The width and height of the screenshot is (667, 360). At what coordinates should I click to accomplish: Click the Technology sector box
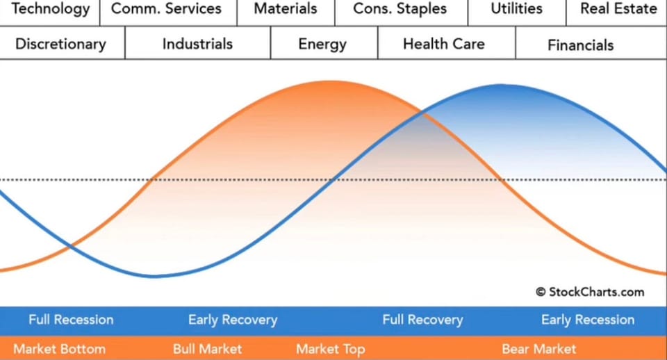tap(51, 10)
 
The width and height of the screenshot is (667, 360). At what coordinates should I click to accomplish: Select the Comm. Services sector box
tap(167, 10)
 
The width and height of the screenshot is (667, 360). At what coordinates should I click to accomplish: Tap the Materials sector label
tap(286, 10)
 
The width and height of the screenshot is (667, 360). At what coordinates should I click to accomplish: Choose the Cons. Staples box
tap(400, 10)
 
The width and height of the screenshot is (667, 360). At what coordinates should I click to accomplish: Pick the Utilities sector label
tap(516, 10)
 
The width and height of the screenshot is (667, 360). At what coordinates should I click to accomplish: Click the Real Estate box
tap(618, 10)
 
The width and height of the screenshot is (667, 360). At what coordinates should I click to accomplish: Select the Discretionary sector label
tap(60, 44)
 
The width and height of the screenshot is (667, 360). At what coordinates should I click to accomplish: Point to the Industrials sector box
tap(197, 44)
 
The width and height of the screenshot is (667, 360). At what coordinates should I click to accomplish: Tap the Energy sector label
tap(322, 44)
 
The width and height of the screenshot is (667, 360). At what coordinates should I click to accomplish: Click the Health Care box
tap(444, 44)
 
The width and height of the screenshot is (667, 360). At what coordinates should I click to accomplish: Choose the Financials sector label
tap(581, 45)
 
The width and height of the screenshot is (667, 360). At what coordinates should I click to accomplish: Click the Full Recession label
tap(71, 320)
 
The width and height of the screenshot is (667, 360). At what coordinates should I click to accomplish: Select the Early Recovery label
tap(233, 320)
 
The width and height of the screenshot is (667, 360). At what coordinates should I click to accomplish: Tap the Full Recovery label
tap(422, 320)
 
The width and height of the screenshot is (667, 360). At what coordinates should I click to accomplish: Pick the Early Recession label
tap(588, 320)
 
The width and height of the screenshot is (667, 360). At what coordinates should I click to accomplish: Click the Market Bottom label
tap(59, 348)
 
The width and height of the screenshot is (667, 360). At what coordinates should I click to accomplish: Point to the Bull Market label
tap(208, 348)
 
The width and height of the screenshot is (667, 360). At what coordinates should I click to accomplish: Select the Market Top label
tap(331, 348)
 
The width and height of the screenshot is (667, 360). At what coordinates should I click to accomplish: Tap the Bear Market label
tap(539, 348)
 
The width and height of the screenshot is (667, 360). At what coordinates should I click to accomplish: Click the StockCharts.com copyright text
tap(590, 292)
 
